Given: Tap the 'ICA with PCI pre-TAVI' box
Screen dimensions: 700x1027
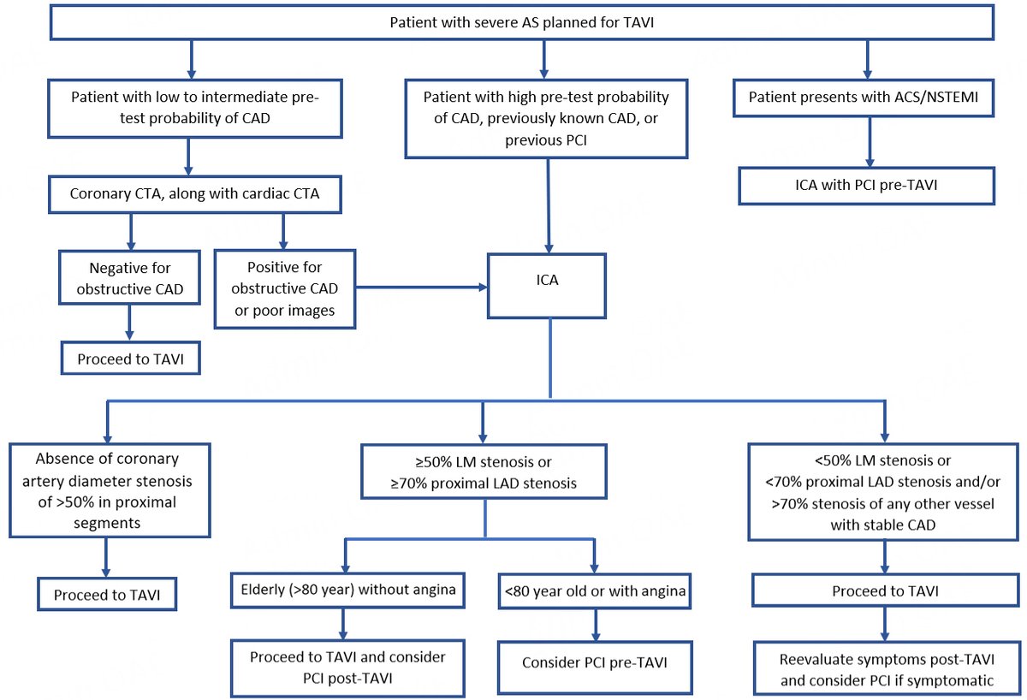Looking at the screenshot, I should click(866, 185).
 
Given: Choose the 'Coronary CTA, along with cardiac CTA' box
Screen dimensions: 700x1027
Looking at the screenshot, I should click(194, 193).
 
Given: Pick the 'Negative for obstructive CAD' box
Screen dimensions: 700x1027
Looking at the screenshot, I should click(129, 277).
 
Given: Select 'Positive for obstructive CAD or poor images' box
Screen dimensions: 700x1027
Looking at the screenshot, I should click(284, 288).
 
